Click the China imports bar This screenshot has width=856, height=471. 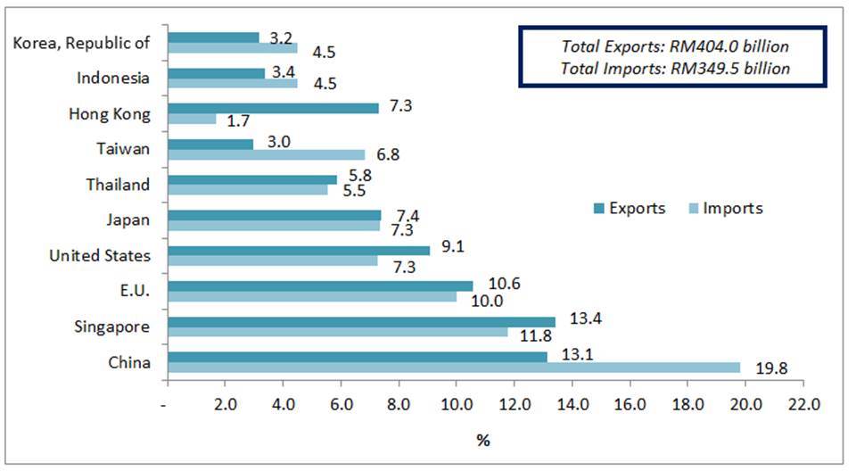tap(453, 368)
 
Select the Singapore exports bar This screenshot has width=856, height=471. tap(361, 321)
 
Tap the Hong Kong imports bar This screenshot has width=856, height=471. tap(192, 119)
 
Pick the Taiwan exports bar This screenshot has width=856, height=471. tap(210, 144)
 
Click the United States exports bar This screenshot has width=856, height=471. tap(299, 251)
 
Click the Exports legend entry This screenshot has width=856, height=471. tap(629, 209)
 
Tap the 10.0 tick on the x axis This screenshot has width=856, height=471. tap(456, 404)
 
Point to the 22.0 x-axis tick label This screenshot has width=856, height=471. tap(802, 404)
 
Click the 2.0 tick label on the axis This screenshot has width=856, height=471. tap(225, 404)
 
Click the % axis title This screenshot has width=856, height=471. tap(482, 440)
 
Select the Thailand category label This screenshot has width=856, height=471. tap(118, 185)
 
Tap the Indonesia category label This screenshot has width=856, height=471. tap(112, 78)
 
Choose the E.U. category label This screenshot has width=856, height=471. tap(132, 292)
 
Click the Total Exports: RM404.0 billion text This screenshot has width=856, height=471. tap(675, 46)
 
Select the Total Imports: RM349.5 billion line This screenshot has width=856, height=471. tap(675, 68)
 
